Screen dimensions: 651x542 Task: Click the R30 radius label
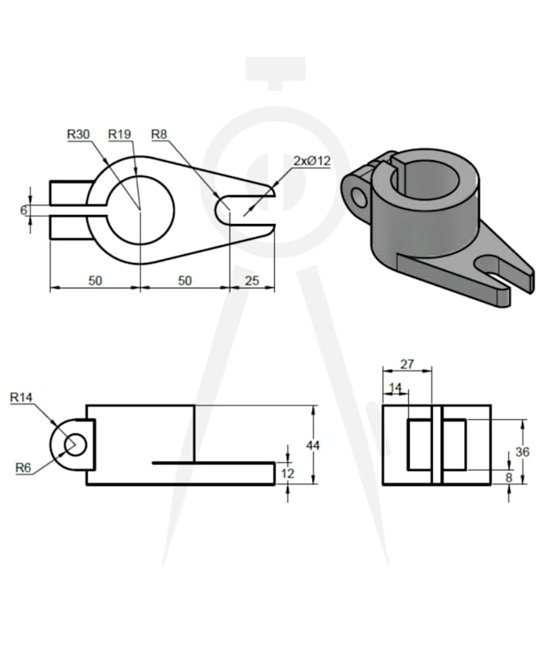[x=78, y=134]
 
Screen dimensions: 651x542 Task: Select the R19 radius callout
[x=120, y=134]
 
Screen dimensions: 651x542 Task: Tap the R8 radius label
[x=159, y=134]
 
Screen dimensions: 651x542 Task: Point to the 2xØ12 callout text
[x=312, y=161]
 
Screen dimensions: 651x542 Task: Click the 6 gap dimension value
[x=24, y=210]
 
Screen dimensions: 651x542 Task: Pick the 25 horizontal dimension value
[x=252, y=280]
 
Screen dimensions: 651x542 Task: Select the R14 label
[x=22, y=396]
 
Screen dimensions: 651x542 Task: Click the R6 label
[x=24, y=468]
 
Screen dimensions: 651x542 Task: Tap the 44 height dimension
[x=313, y=445]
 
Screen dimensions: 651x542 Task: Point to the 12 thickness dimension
[x=289, y=473]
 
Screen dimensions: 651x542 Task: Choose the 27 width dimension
[x=406, y=364]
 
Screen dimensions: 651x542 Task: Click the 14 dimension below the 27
[x=395, y=387]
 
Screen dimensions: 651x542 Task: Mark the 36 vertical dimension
[x=522, y=451]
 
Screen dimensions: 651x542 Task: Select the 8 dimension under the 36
[x=509, y=478]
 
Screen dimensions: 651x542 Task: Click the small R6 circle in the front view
[x=75, y=444]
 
